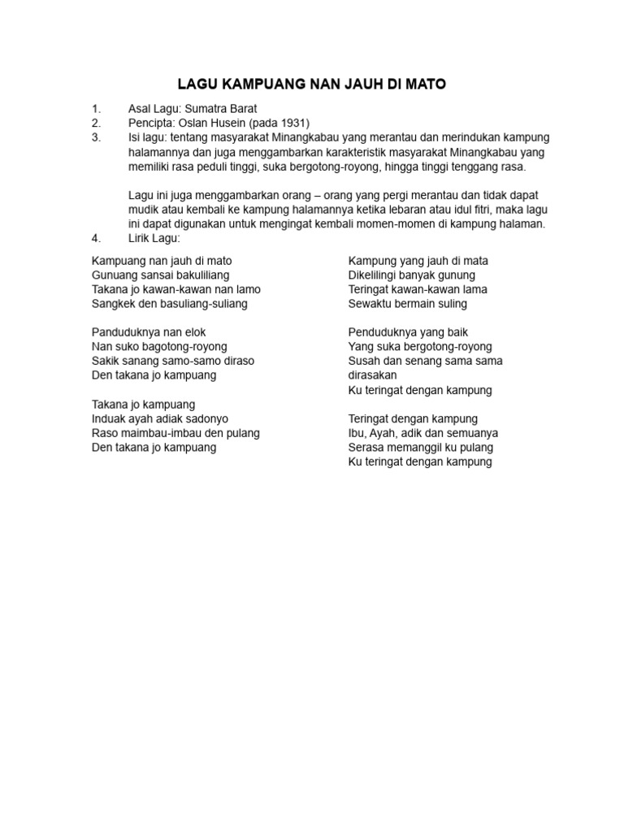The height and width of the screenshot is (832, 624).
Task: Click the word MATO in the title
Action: click(423, 84)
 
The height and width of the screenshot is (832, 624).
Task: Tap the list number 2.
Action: click(96, 123)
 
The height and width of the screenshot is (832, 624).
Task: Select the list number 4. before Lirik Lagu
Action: click(96, 238)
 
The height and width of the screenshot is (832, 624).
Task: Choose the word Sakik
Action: click(106, 361)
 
